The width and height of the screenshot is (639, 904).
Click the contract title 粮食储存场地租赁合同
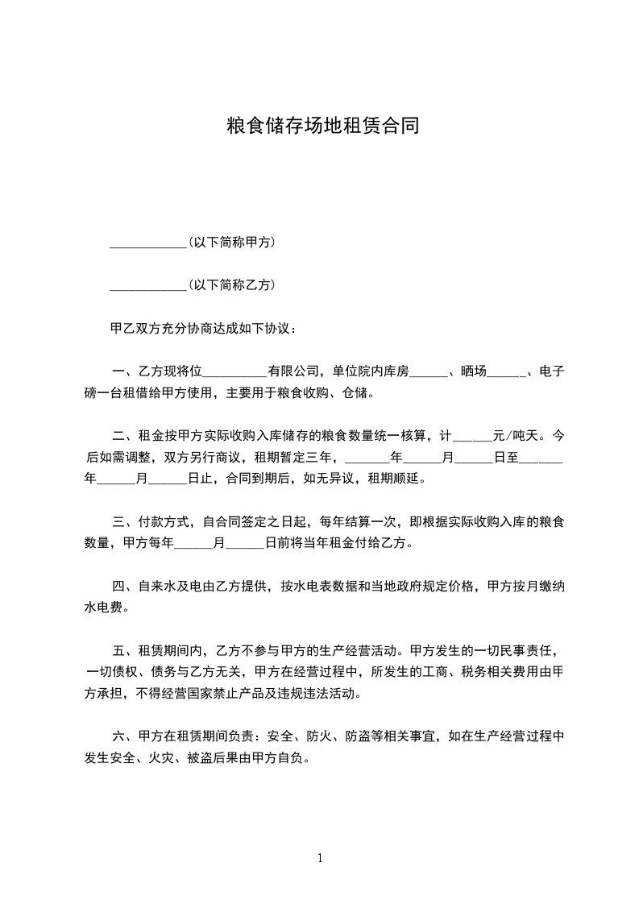pyautogui.click(x=320, y=126)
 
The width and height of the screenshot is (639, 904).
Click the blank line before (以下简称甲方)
pyautogui.click(x=147, y=242)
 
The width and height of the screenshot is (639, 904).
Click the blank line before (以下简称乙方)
pyautogui.click(x=147, y=284)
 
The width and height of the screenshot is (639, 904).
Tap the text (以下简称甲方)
pyautogui.click(x=231, y=242)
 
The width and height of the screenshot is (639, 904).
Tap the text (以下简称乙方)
pyautogui.click(x=231, y=284)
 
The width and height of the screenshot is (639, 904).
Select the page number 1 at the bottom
pyautogui.click(x=320, y=858)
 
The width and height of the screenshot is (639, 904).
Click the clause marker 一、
pyautogui.click(x=124, y=371)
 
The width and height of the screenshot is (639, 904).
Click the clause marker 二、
pyautogui.click(x=124, y=436)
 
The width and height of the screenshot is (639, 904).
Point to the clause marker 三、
pyautogui.click(x=124, y=521)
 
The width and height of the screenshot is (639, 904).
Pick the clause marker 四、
pyautogui.click(x=124, y=586)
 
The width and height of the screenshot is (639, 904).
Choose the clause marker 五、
pyautogui.click(x=124, y=650)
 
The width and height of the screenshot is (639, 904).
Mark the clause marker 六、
pyautogui.click(x=124, y=736)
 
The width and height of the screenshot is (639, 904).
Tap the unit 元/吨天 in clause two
pyautogui.click(x=518, y=436)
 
